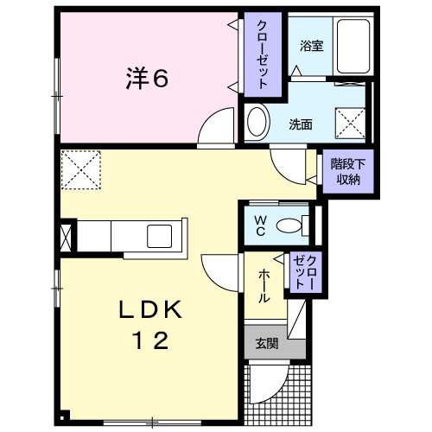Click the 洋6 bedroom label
coord(147,78)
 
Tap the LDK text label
coord(150,309)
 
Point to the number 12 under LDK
coord(150,340)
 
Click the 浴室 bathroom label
coord(312,46)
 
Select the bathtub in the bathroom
coord(353,46)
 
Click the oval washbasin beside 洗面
coord(257,122)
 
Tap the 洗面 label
coord(301,124)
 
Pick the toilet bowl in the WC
coord(289,226)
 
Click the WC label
coord(260,226)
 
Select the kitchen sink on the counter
coord(160,236)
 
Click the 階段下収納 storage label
coord(348,172)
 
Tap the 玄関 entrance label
coord(267,343)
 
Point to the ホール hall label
coord(264,286)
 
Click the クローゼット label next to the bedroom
coord(263,54)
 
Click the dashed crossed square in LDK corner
coord(81,170)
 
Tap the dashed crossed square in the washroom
coord(350,123)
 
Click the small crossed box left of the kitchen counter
coord(66,238)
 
